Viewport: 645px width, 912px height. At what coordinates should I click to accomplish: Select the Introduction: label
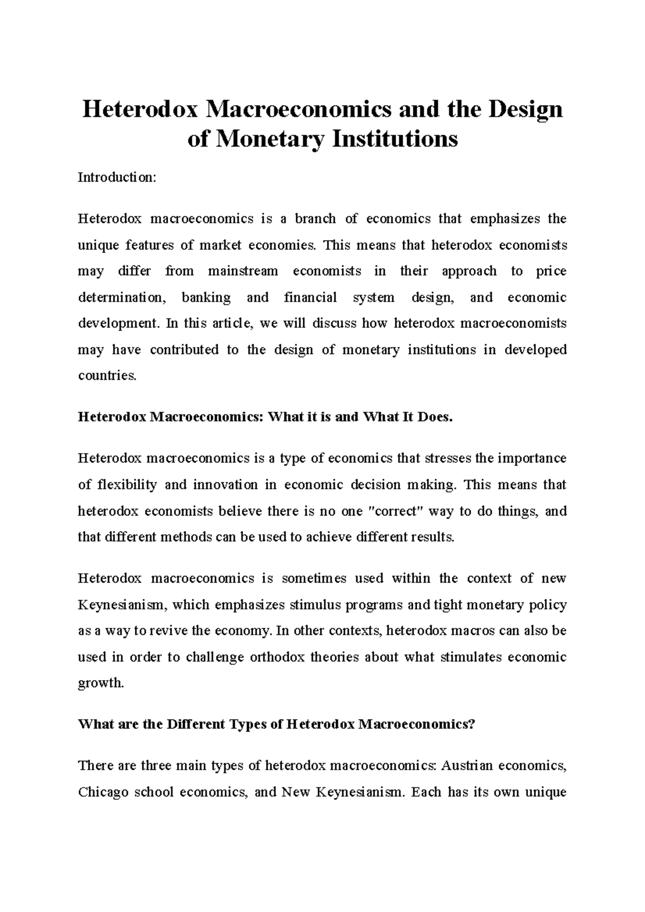(x=117, y=177)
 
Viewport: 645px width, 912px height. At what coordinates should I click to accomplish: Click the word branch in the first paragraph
(x=315, y=219)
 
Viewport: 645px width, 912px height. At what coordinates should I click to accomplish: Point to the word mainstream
(x=243, y=271)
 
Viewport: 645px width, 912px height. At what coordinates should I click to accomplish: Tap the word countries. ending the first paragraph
(x=107, y=376)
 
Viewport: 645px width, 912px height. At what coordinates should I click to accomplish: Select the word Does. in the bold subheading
(x=435, y=417)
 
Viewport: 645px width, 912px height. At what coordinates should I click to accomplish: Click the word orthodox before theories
(x=277, y=657)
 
